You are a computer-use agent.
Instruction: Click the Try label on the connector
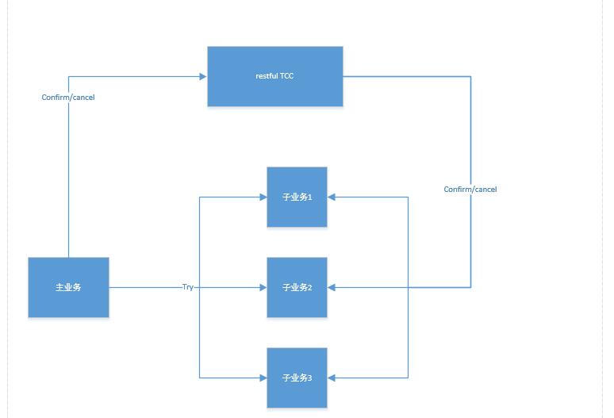pyautogui.click(x=187, y=287)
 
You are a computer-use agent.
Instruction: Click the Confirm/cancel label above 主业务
pyautogui.click(x=68, y=98)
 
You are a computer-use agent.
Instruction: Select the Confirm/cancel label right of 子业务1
pyautogui.click(x=470, y=190)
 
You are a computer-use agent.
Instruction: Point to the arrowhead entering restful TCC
pyautogui.click(x=202, y=76)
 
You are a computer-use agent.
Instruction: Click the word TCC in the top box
pyautogui.click(x=286, y=76)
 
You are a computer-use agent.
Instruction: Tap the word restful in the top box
pyautogui.click(x=266, y=76)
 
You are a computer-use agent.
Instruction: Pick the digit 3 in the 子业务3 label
pyautogui.click(x=309, y=378)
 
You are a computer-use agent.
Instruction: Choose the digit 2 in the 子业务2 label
pyautogui.click(x=309, y=288)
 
